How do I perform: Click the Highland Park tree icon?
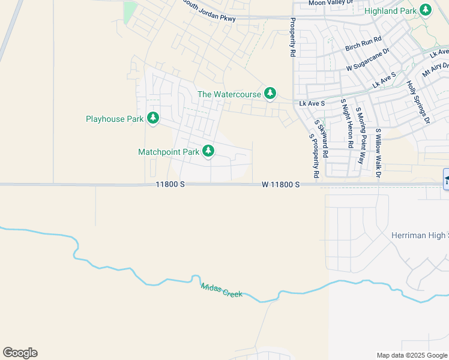click(426, 10)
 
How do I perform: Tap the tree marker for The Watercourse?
click(270, 94)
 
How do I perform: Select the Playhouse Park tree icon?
click(153, 118)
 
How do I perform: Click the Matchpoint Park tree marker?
click(208, 151)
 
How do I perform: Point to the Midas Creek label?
click(221, 290)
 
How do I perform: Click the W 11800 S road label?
click(280, 185)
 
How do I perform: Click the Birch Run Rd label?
click(364, 44)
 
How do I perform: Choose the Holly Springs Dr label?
click(419, 102)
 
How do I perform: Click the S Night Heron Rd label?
click(347, 124)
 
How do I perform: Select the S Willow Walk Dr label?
click(379, 154)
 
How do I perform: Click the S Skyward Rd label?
click(324, 138)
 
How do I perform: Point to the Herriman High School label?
click(420, 235)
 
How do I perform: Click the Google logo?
click(20, 353)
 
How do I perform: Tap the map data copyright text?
click(412, 355)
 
